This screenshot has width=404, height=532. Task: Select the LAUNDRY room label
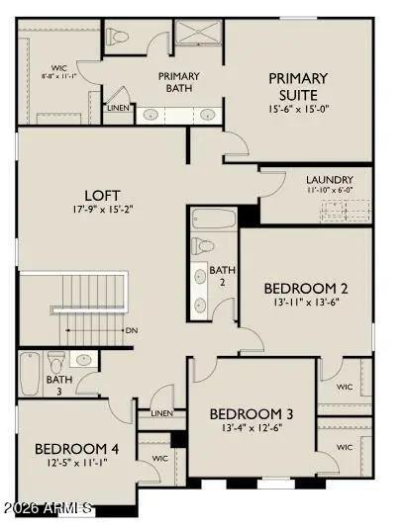329,180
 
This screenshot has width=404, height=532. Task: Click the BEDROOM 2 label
305,289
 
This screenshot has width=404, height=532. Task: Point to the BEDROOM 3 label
251,412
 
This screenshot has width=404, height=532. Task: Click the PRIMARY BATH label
179,83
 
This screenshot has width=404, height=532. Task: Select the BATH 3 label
59,385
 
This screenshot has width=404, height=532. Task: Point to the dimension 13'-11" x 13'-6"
305,304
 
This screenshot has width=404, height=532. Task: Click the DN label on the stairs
131,330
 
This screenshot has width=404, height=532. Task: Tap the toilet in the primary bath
120,38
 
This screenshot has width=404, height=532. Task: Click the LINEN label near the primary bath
118,107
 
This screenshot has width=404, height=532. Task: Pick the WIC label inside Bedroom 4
158,459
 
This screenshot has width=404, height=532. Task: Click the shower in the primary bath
199,33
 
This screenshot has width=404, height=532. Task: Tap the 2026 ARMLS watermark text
48,508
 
